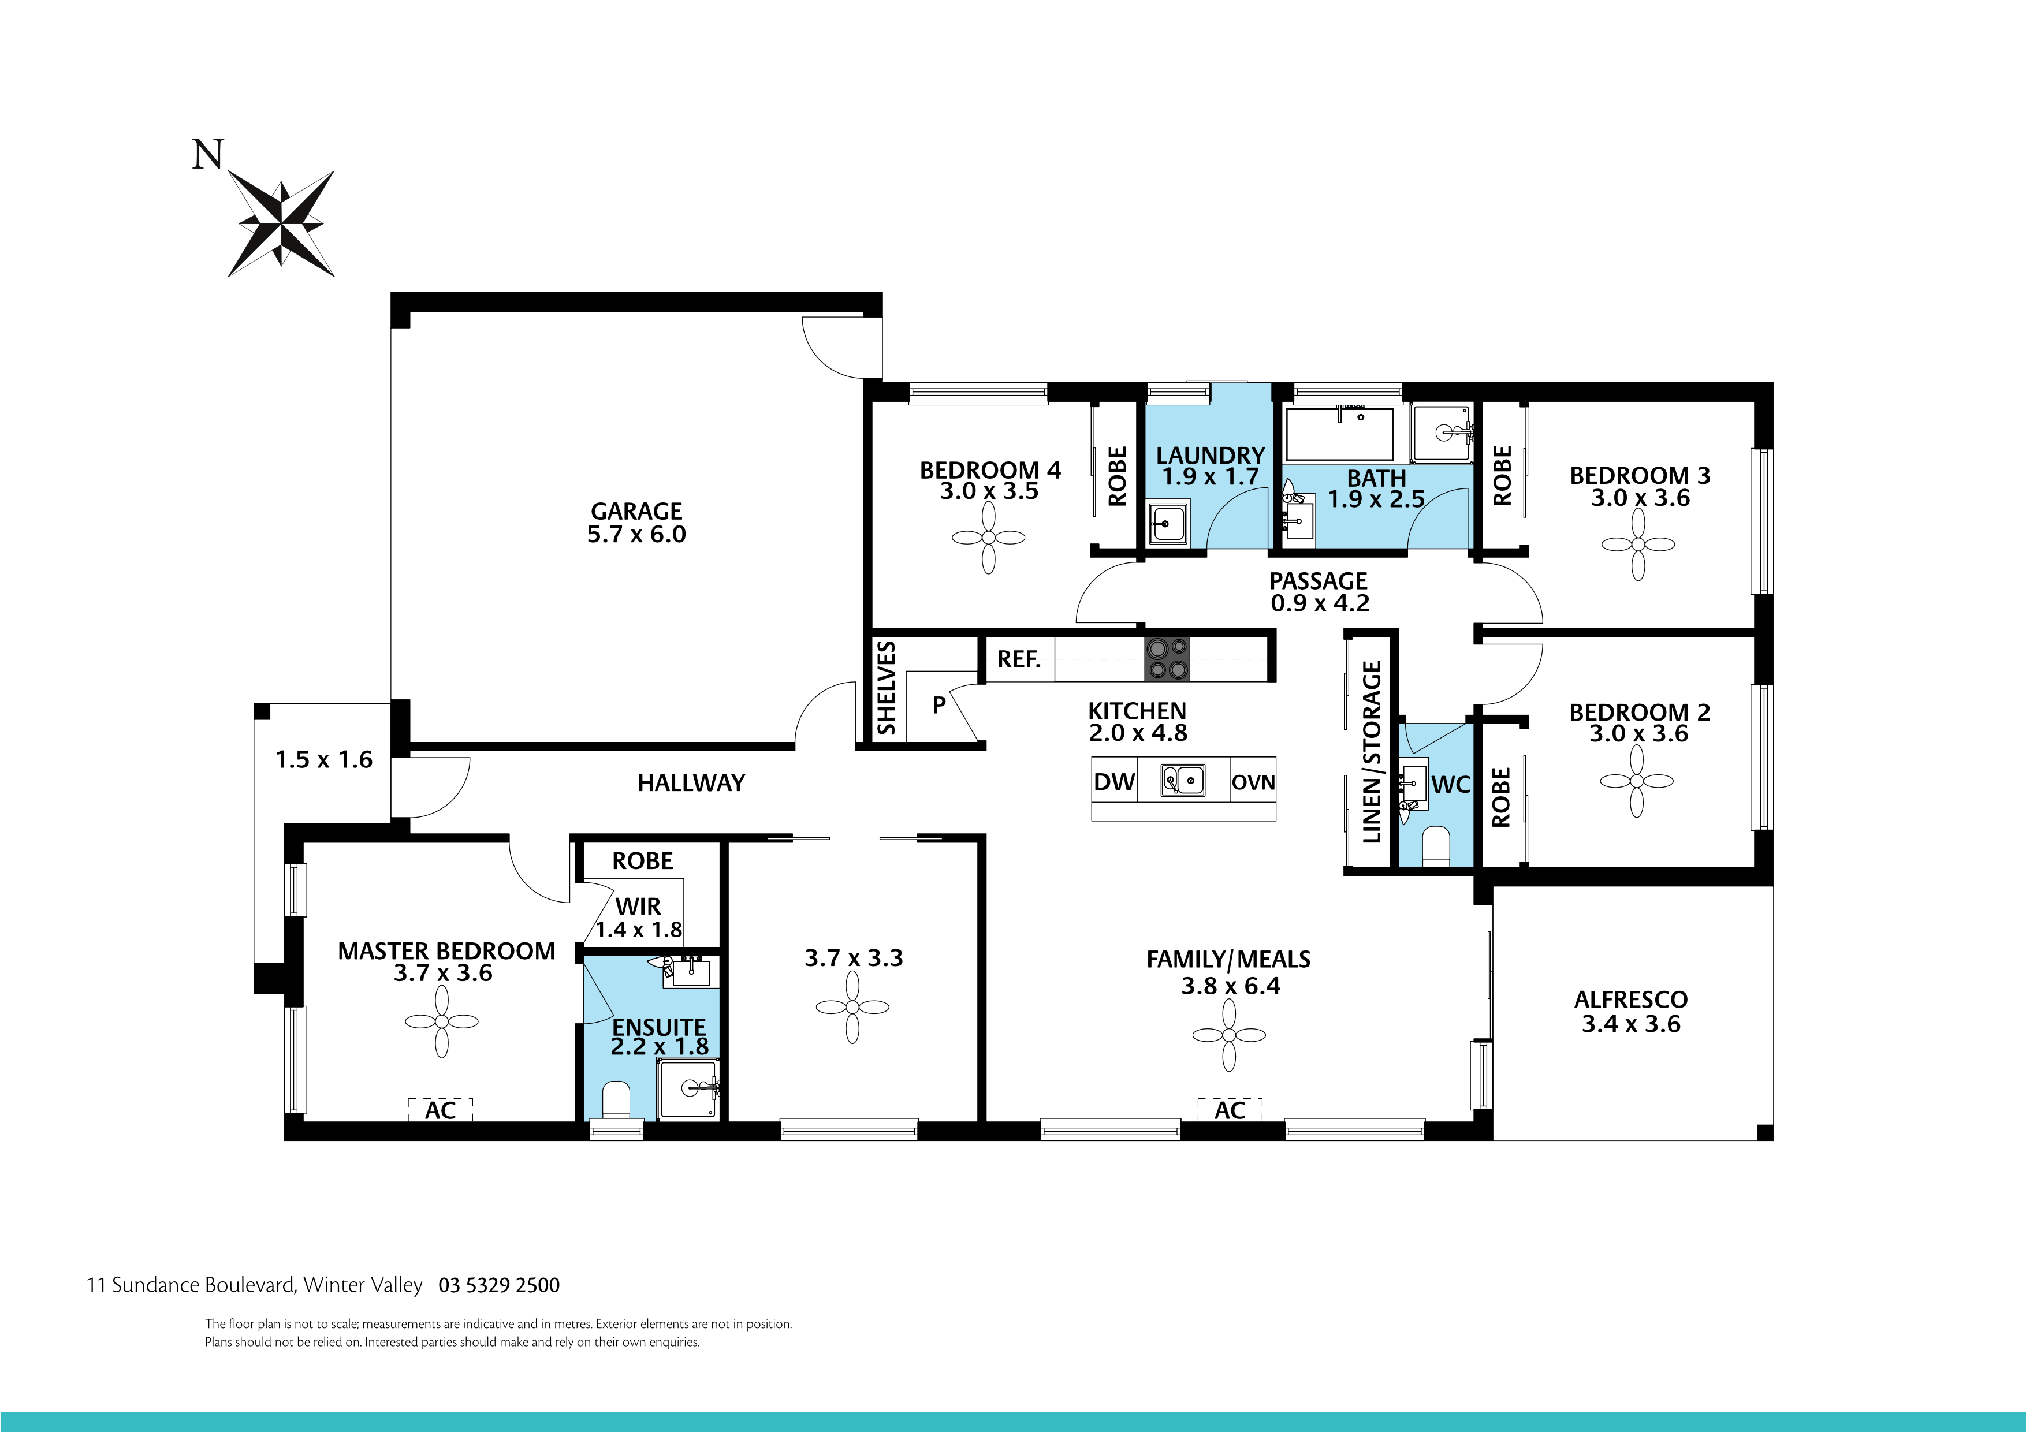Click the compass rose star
(x=281, y=223)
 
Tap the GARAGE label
(x=636, y=512)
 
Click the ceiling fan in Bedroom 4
(x=988, y=538)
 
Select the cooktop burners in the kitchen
(x=1167, y=659)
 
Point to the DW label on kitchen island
(x=1113, y=782)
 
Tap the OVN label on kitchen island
(x=1253, y=782)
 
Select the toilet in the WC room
(x=1436, y=845)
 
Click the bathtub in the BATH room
(x=1339, y=434)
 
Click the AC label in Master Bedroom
(x=440, y=1110)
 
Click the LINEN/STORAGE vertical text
(x=1371, y=752)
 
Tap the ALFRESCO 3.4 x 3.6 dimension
(x=1631, y=1024)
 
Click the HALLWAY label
(x=691, y=782)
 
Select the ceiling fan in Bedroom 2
(x=1636, y=781)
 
